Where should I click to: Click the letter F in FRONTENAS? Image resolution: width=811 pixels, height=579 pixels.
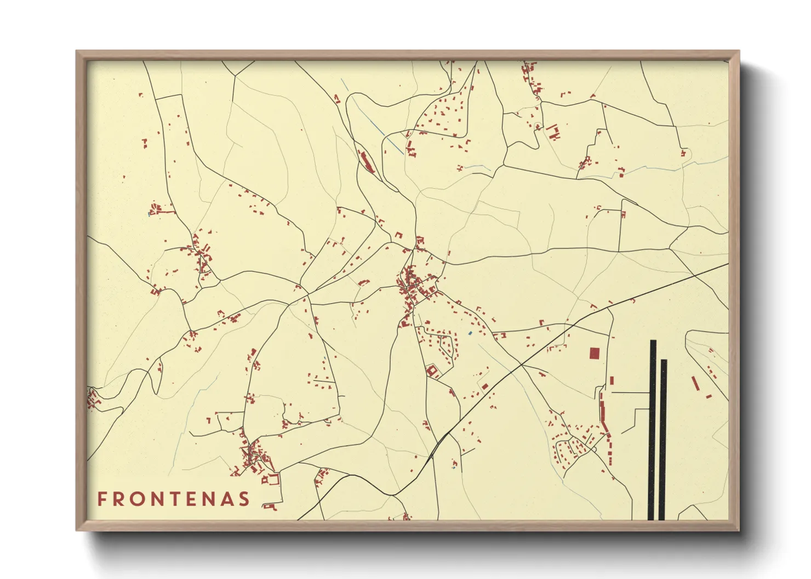[102, 499]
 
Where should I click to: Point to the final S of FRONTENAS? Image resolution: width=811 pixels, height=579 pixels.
[244, 499]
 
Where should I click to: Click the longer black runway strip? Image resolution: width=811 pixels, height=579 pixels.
[653, 430]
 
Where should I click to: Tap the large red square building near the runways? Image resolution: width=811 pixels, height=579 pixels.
[594, 353]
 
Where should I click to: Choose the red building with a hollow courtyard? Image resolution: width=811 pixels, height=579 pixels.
[433, 371]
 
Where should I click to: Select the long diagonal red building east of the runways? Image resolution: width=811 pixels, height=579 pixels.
[695, 383]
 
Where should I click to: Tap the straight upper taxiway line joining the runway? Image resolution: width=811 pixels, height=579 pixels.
[630, 392]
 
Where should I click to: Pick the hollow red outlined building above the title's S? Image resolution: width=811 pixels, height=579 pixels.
[271, 479]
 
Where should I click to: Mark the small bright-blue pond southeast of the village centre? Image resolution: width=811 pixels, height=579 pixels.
[470, 333]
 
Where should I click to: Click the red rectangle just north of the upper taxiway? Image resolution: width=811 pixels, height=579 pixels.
[612, 380]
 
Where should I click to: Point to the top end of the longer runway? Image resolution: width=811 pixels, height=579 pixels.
[653, 341]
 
